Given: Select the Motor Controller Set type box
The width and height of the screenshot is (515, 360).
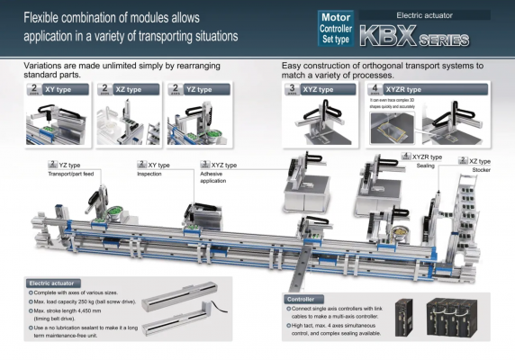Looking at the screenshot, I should coord(337,29).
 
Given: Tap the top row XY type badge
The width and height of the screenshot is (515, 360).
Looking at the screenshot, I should coord(60,90).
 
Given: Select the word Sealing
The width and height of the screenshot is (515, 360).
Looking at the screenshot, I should coord(426,166).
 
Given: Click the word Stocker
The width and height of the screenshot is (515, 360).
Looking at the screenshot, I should coord(482,168).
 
